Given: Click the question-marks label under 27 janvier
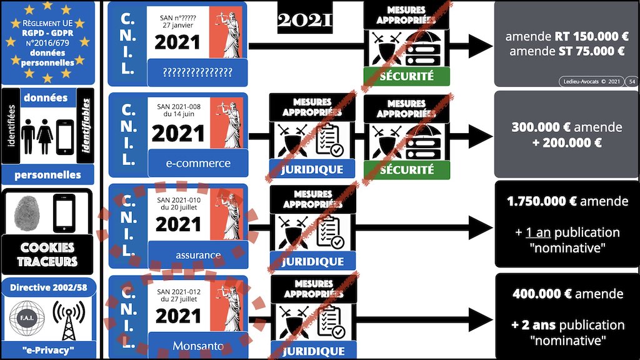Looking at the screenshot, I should point(197,72).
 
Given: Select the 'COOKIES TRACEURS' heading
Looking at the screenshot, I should point(47,254).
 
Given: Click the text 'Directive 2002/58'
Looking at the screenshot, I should point(47,288).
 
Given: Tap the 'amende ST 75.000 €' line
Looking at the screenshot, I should point(566,51).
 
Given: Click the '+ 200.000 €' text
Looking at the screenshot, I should point(566,142).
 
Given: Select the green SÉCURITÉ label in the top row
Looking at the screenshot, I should point(406,77).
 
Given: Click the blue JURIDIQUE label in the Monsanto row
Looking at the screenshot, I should point(312,351).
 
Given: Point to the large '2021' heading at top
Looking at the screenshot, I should point(304,21).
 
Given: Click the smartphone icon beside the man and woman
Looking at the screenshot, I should point(65,137).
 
